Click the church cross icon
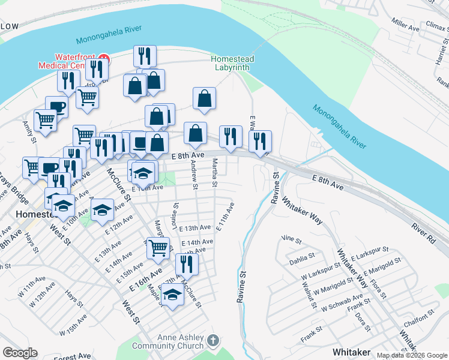tap(212, 341)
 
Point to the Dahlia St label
tap(302, 257)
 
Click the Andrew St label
tap(194, 175)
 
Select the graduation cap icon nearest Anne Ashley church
tap(172, 295)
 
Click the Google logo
tap(20, 353)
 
